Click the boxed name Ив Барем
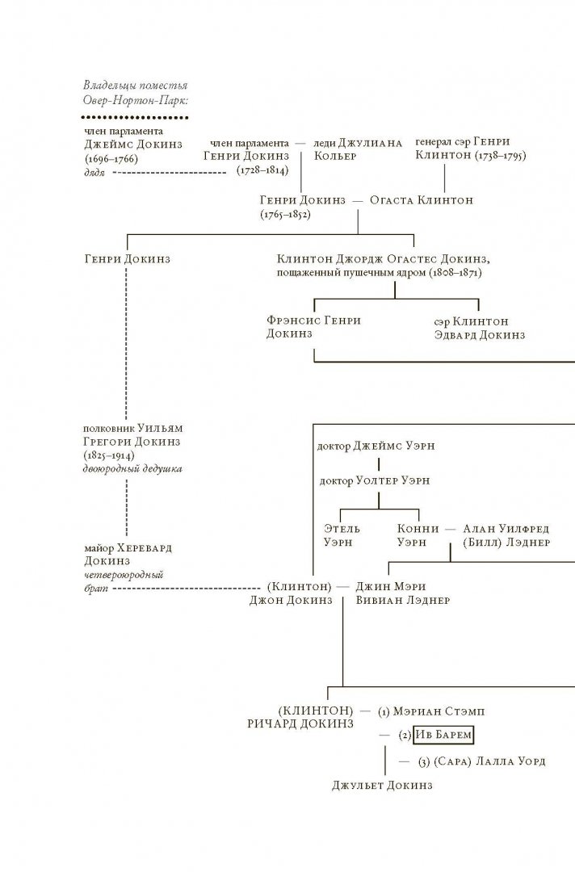[443, 736]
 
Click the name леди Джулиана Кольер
[357, 149]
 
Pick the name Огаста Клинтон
[421, 200]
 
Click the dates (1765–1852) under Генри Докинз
[285, 216]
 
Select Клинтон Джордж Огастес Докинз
[384, 259]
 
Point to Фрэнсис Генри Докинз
[313, 328]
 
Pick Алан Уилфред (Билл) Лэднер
[506, 535]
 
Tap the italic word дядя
[95, 172]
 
